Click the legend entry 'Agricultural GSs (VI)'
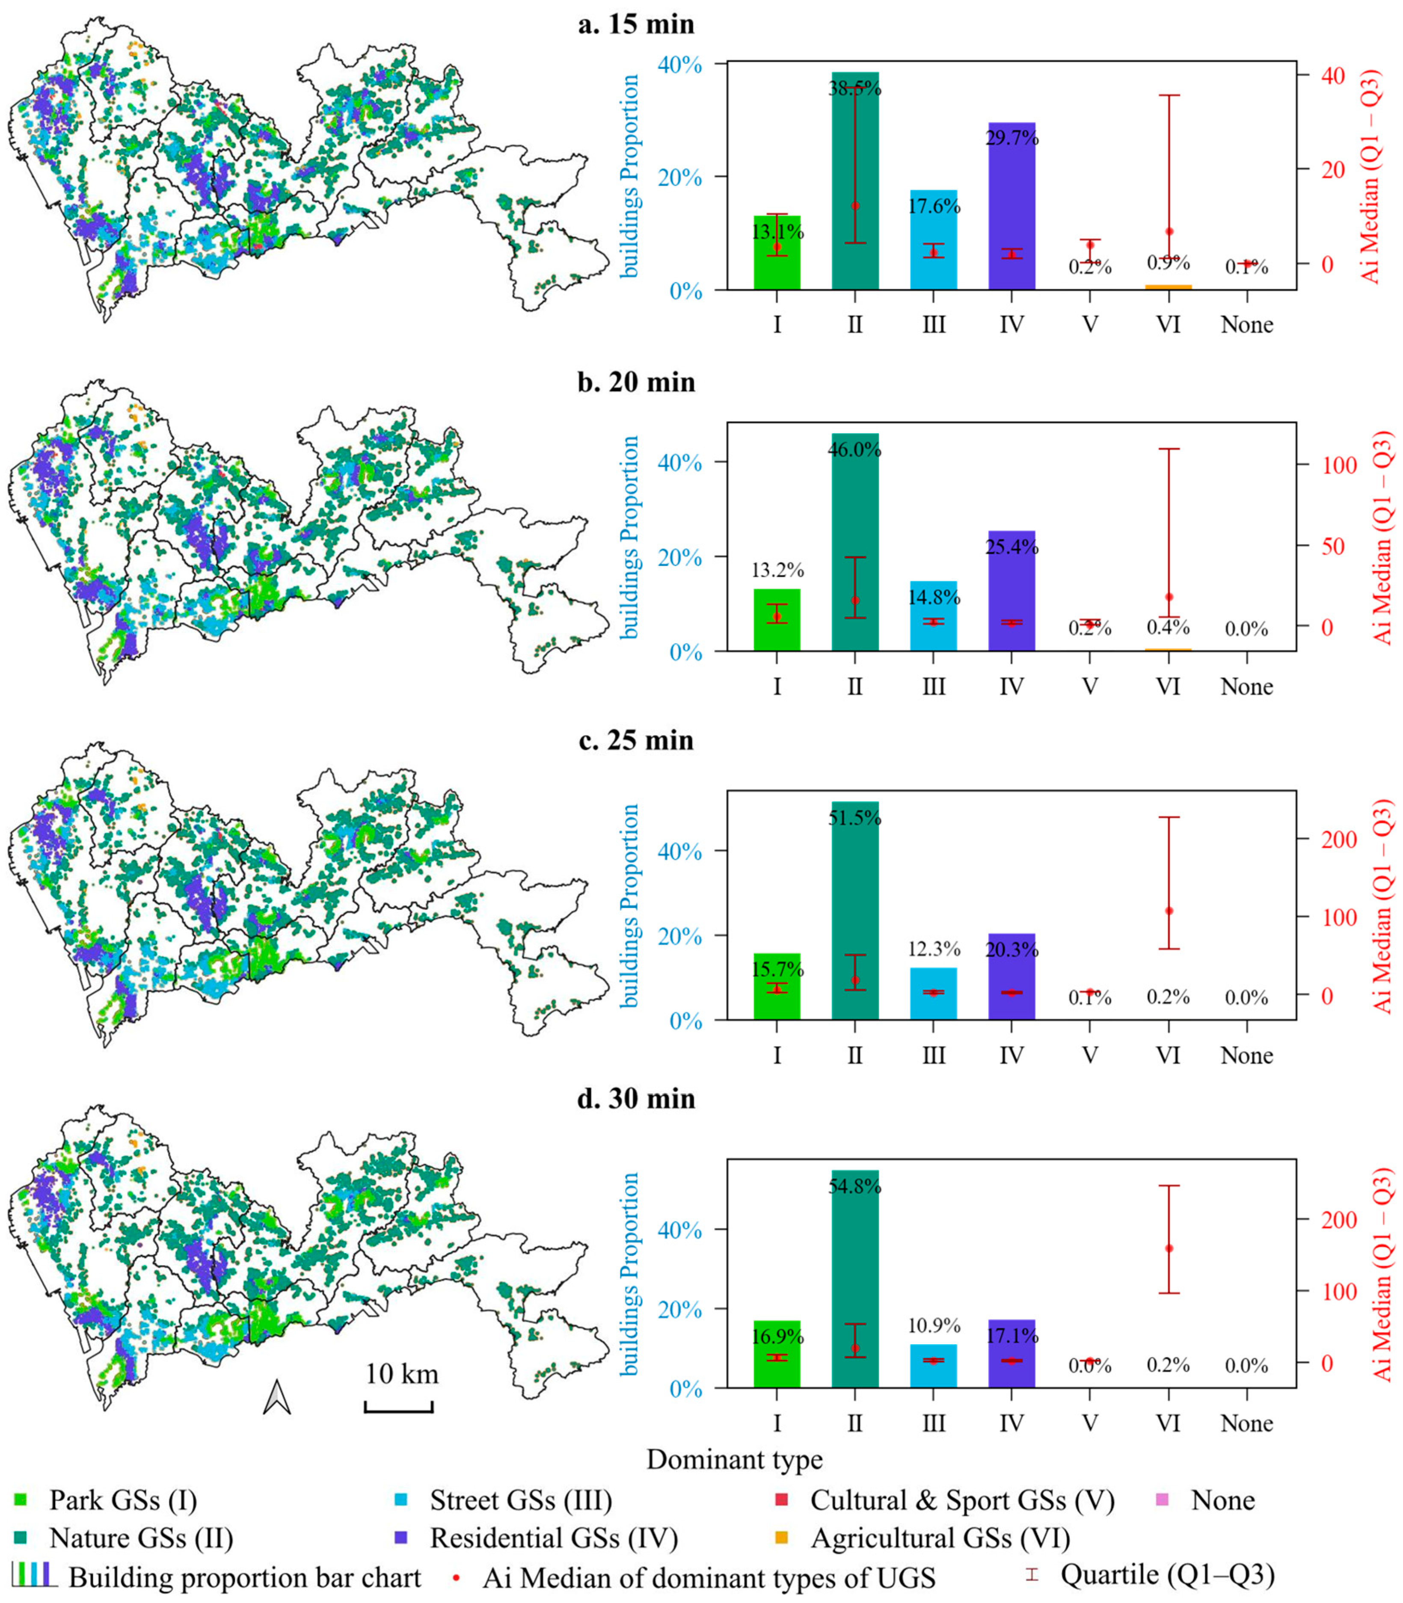click(940, 1538)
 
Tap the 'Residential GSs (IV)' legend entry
click(554, 1538)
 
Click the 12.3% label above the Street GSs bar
click(933, 949)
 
